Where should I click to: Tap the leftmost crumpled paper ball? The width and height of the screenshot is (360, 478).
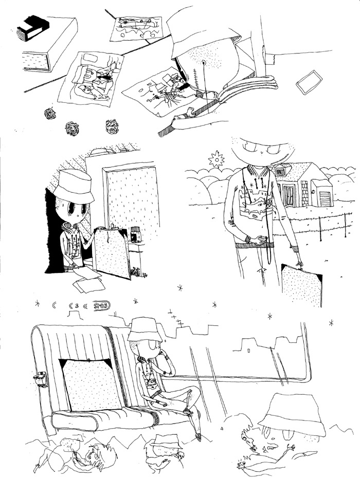pyautogui.click(x=50, y=114)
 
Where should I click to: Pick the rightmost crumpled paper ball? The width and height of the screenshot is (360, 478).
pyautogui.click(x=112, y=126)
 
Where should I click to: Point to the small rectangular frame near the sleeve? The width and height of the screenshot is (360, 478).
pyautogui.click(x=309, y=82)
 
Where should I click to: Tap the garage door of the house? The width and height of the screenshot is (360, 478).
pyautogui.click(x=323, y=198)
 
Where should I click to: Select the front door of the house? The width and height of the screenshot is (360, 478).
pyautogui.click(x=289, y=195)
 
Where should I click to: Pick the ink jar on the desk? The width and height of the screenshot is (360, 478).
pyautogui.click(x=136, y=234)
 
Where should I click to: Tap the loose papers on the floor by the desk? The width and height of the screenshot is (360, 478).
pyautogui.click(x=87, y=280)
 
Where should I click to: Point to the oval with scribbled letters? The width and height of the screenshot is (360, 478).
pyautogui.click(x=102, y=306)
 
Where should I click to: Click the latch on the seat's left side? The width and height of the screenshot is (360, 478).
pyautogui.click(x=40, y=379)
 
